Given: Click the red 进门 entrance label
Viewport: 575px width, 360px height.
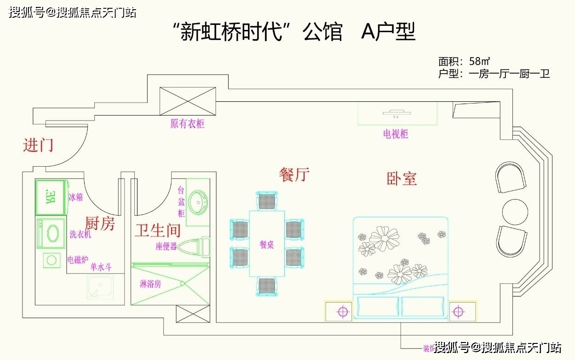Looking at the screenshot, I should point(39,145).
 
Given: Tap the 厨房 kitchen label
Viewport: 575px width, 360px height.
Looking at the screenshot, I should point(100,224).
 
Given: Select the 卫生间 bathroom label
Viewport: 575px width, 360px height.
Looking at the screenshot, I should point(157,230).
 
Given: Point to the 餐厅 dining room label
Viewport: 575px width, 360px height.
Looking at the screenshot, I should point(294,175).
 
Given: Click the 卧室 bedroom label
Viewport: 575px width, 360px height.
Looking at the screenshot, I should point(402,179).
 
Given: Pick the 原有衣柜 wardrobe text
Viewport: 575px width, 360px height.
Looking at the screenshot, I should point(187,124).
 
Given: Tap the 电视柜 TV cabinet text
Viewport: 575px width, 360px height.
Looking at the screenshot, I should point(396,134).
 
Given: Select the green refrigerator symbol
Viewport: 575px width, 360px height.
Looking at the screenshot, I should point(51,197).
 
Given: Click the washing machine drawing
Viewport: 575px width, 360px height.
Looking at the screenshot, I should point(52,233).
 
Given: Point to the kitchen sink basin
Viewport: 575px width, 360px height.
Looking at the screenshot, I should point(100,288).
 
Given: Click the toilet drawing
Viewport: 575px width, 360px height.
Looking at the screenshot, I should point(193,247).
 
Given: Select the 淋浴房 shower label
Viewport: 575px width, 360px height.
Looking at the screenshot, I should point(150,284).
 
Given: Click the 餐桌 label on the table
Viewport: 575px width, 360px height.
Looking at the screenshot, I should point(267,245).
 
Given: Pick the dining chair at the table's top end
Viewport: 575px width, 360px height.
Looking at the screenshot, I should point(267,201).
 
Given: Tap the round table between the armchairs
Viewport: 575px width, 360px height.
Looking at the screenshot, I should point(515,212).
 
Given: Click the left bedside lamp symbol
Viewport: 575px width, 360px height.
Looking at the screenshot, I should point(342,312).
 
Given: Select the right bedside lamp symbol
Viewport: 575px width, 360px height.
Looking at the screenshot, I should point(458,312).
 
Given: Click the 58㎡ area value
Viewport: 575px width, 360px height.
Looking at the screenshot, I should point(479,61).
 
